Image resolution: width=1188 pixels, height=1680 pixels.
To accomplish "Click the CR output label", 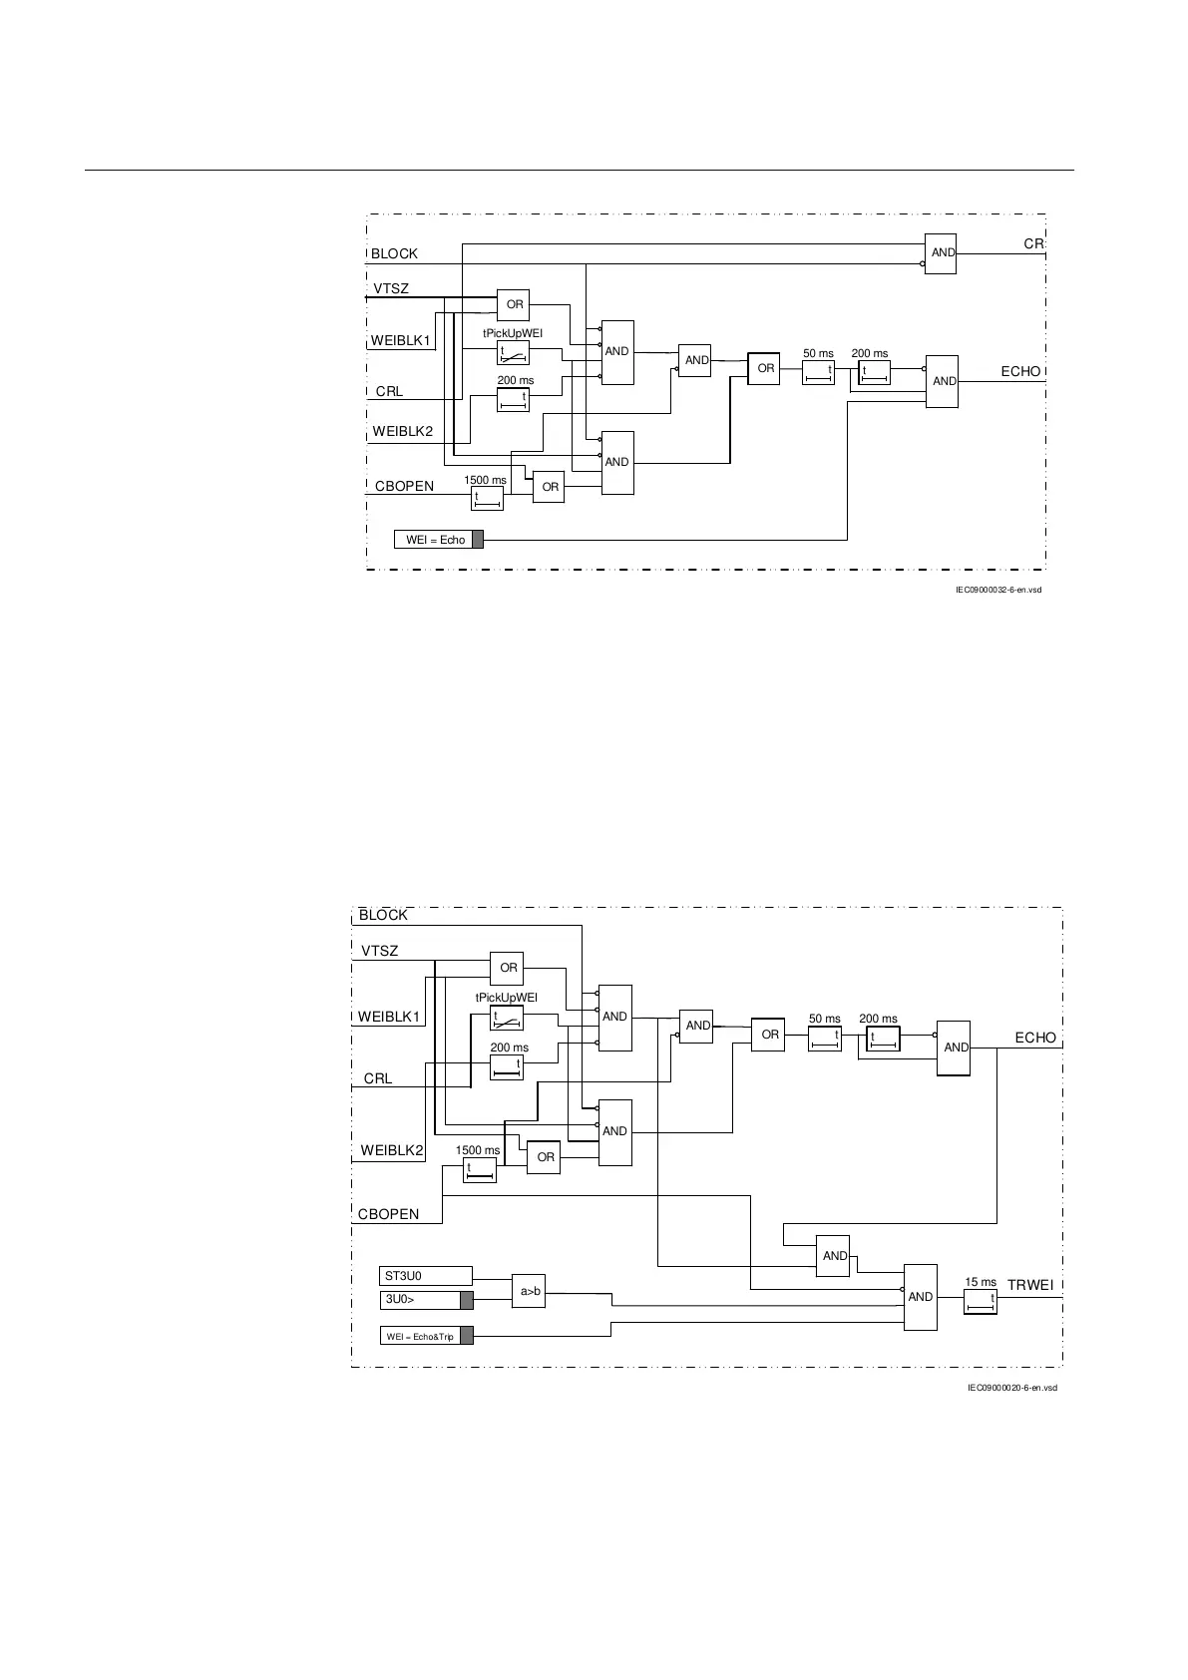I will [1033, 244].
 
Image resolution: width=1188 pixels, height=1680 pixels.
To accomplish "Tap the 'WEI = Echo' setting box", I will [439, 540].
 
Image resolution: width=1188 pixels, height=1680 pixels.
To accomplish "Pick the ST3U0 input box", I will [427, 1276].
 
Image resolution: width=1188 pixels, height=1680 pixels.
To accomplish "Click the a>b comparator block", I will [529, 1292].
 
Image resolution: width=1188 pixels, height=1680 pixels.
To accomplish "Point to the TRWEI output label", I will [1029, 1285].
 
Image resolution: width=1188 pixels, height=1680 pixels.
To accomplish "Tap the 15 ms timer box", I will [980, 1301].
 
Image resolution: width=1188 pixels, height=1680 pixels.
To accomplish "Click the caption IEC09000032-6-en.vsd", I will [998, 590].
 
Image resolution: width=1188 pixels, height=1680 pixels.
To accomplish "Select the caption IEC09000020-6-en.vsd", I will [1011, 1388].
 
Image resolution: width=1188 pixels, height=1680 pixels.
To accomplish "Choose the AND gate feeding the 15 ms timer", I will [921, 1297].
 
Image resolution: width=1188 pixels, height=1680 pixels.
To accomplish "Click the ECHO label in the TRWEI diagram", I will [1034, 1038].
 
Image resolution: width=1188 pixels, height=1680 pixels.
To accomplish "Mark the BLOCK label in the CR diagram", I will [394, 254].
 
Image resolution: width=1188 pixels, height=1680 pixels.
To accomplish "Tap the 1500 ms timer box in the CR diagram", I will [487, 498].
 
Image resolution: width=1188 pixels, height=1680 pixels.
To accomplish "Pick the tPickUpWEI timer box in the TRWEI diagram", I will [508, 1019].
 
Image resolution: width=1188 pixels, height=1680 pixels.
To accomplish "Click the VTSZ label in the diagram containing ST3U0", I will [379, 951].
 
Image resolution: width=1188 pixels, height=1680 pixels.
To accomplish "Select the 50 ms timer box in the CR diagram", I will [818, 372].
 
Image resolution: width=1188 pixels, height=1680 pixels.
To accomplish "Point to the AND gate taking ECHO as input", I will [834, 1256].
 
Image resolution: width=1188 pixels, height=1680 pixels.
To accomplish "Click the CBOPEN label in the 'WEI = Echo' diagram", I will [404, 487].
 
